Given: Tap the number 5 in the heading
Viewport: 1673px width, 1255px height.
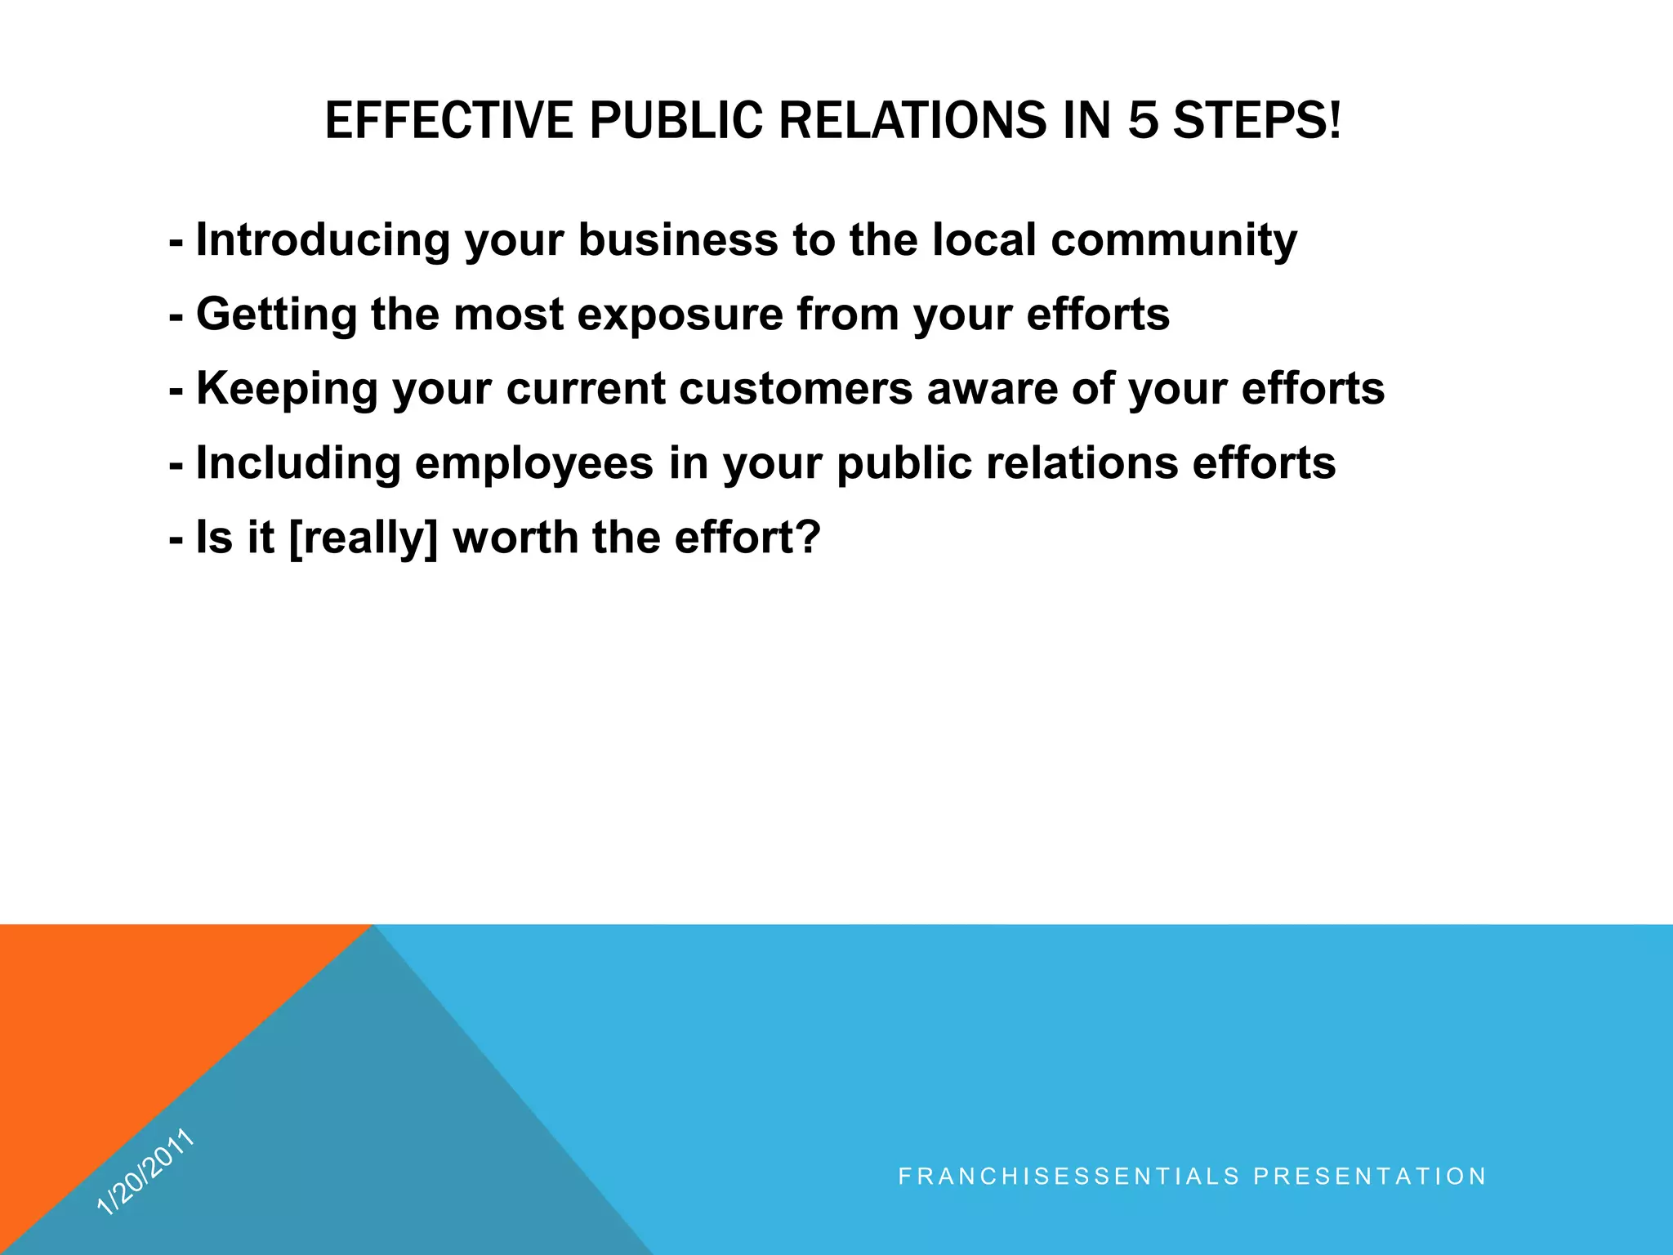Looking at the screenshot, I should click(1143, 121).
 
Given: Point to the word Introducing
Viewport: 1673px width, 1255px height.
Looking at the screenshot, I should click(323, 240).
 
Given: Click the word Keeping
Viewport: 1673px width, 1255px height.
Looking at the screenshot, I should click(287, 389).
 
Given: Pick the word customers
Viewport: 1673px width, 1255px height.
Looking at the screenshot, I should click(795, 389).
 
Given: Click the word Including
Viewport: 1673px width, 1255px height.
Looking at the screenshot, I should click(298, 463).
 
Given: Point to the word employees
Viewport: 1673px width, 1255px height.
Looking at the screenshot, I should click(534, 463).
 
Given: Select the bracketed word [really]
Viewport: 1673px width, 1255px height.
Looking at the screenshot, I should click(364, 538).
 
